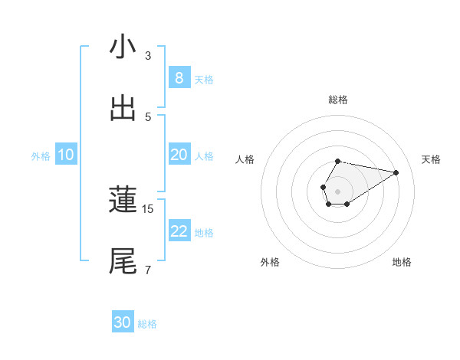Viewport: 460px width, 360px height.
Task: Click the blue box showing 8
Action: coord(179,78)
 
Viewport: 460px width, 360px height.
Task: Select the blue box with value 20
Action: coord(179,155)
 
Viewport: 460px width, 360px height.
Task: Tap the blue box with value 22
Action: coord(179,231)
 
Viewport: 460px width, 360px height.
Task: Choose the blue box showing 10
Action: coord(66,155)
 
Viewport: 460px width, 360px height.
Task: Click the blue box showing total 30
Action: coord(123,322)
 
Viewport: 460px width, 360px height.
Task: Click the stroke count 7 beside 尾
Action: coord(148,270)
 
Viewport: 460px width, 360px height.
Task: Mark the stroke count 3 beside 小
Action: coord(148,56)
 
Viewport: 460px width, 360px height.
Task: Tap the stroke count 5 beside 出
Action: coord(148,117)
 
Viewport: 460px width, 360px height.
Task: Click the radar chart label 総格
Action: coord(337,100)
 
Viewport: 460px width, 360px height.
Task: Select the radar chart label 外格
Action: coord(270,262)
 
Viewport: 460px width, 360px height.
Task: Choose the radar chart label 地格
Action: coord(402,262)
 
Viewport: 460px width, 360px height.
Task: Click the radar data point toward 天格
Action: coord(396,172)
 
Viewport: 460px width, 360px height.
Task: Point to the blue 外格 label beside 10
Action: coord(41,155)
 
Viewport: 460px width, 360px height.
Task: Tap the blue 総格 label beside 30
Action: coord(147,324)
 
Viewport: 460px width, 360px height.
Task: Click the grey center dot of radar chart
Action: coord(337,190)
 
